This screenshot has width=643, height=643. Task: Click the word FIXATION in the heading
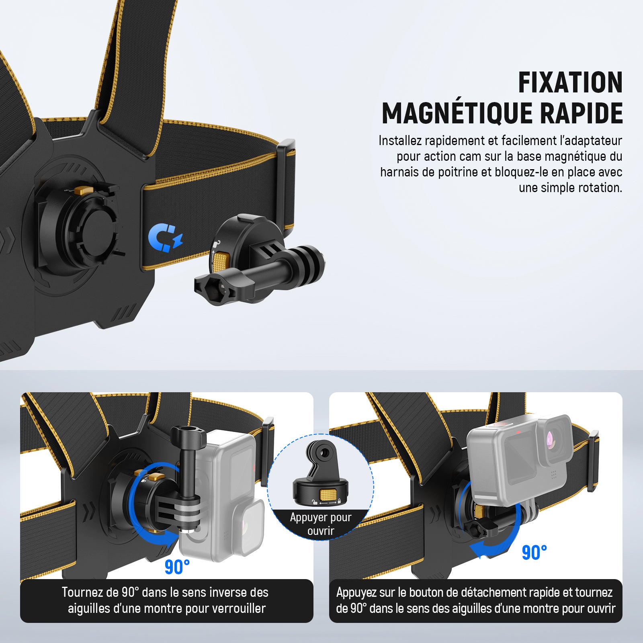570,83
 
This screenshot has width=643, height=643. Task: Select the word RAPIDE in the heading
581,113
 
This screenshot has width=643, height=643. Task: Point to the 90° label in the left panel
177,567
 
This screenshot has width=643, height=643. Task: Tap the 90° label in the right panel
534,553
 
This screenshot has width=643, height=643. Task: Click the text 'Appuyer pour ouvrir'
321,524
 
